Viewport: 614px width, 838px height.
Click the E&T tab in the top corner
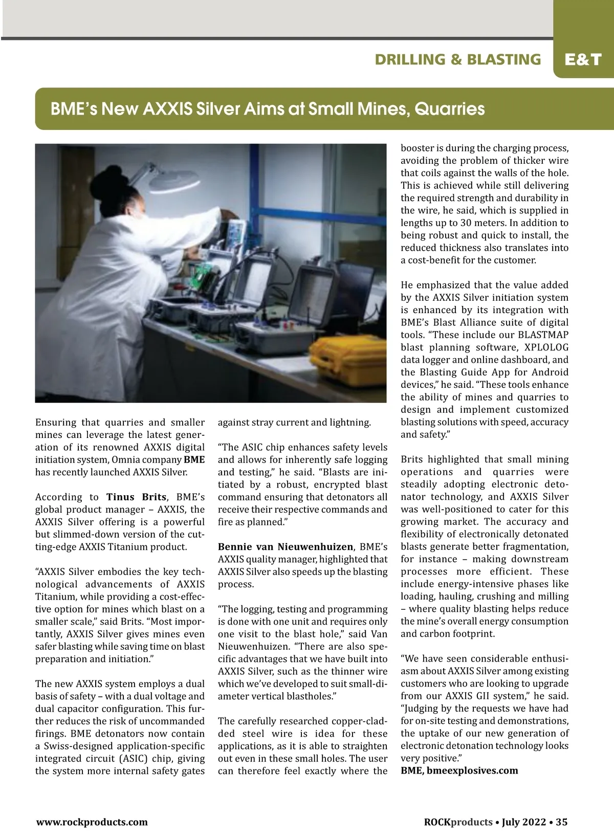[x=583, y=60]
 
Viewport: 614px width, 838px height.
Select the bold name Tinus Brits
[x=136, y=497]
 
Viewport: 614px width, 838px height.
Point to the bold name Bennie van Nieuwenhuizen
[x=285, y=547]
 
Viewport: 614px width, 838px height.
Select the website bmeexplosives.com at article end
[x=472, y=770]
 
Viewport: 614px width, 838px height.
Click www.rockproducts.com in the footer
[x=92, y=822]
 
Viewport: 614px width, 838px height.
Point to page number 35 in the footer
[x=561, y=822]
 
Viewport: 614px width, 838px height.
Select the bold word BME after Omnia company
[x=194, y=459]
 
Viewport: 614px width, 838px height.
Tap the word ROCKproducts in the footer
[x=458, y=822]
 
